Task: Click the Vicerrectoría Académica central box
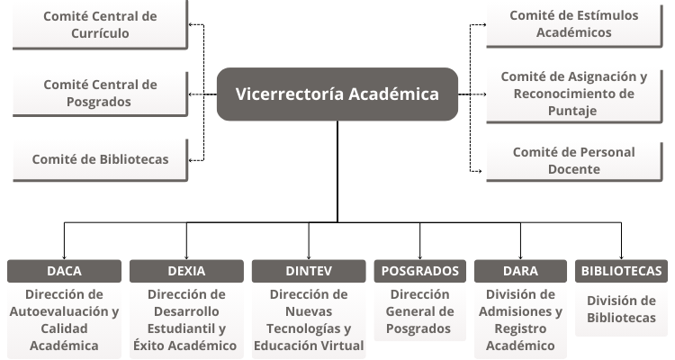[337, 94]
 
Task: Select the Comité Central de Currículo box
[100, 24]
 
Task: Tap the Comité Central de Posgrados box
[100, 93]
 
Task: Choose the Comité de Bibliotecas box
[100, 159]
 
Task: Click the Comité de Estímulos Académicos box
[574, 23]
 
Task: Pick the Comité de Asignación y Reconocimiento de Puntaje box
[574, 94]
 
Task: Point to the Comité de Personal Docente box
[574, 160]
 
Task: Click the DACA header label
[64, 271]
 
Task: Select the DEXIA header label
[186, 271]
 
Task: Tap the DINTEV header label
[309, 271]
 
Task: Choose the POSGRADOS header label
[420, 271]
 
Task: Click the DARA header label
[521, 271]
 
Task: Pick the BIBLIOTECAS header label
[622, 271]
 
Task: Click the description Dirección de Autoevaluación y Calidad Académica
[64, 319]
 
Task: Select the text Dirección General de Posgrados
[420, 311]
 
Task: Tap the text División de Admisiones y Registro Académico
[521, 319]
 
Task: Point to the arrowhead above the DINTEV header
[309, 256]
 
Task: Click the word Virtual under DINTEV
[342, 346]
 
